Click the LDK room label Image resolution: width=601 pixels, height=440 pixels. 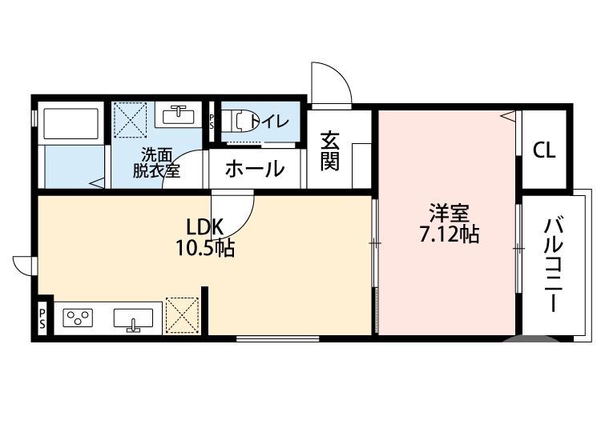pyautogui.click(x=204, y=226)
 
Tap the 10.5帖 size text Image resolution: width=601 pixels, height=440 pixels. pyautogui.click(x=205, y=248)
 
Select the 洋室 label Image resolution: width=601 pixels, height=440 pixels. pyautogui.click(x=448, y=214)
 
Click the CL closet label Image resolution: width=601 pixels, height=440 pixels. pyautogui.click(x=545, y=150)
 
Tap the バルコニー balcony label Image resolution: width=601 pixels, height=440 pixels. pyautogui.click(x=551, y=264)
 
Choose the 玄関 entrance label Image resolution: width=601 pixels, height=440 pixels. pyautogui.click(x=329, y=151)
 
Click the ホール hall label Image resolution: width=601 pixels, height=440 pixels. pyautogui.click(x=254, y=170)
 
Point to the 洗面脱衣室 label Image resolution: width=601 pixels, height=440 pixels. pyautogui.click(x=155, y=162)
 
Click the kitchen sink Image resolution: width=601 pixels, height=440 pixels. pyautogui.click(x=133, y=320)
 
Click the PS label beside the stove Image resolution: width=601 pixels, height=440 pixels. pyautogui.click(x=42, y=318)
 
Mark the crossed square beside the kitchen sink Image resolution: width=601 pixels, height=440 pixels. pyautogui.click(x=181, y=314)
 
